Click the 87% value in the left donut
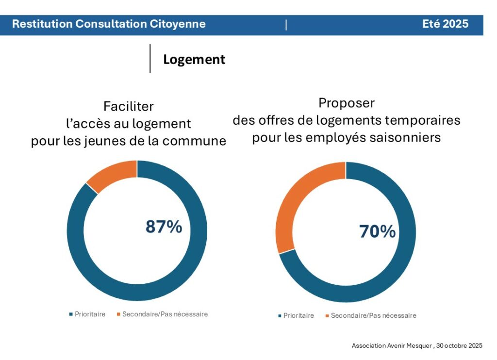coord(164,227)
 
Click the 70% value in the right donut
coord(377,232)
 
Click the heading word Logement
coord(194,59)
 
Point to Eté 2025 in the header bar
coord(445,24)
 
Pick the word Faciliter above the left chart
coord(128,106)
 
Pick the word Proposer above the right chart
coord(347,103)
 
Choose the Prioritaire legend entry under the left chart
coord(90,314)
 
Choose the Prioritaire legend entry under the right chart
coord(298,316)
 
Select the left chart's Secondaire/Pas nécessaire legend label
coord(165,314)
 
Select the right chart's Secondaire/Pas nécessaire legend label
coord(373,316)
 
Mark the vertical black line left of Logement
coord(150,59)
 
